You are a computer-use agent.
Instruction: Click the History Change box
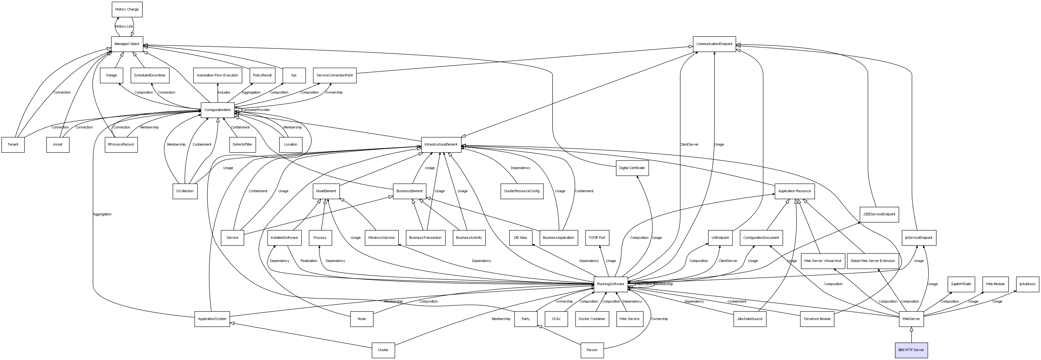pyautogui.click(x=127, y=9)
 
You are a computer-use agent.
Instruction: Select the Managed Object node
pyautogui.click(x=127, y=44)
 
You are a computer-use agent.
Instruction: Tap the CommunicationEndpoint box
pyautogui.click(x=714, y=44)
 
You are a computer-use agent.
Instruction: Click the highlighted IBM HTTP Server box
pyautogui.click(x=911, y=350)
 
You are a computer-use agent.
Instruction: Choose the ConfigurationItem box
pyautogui.click(x=218, y=110)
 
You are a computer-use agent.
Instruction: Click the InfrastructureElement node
pyautogui.click(x=441, y=144)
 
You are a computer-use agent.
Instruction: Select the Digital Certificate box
pyautogui.click(x=632, y=168)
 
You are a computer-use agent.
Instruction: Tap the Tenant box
pyautogui.click(x=13, y=144)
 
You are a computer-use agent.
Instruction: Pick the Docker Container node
pyautogui.click(x=592, y=319)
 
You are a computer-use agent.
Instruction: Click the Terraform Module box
pyautogui.click(x=817, y=319)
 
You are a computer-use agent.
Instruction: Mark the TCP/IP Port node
pyautogui.click(x=597, y=238)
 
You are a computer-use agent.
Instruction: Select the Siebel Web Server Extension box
pyautogui.click(x=873, y=261)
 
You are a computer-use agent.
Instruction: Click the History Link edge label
pyautogui.click(x=124, y=27)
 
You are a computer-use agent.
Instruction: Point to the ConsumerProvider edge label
pyautogui.click(x=256, y=110)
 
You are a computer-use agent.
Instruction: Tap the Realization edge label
pyautogui.click(x=309, y=261)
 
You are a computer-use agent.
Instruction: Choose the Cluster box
pyautogui.click(x=383, y=350)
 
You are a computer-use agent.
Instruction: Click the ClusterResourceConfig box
pyautogui.click(x=521, y=191)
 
